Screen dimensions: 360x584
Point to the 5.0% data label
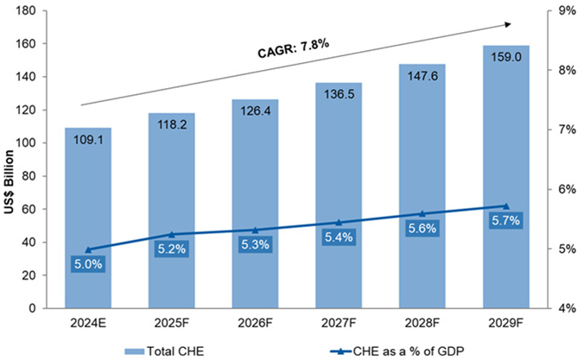coord(87,264)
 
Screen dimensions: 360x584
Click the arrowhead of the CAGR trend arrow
coord(509,24)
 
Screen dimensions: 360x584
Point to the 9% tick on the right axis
coord(568,11)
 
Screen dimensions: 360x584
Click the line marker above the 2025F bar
coord(171,234)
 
